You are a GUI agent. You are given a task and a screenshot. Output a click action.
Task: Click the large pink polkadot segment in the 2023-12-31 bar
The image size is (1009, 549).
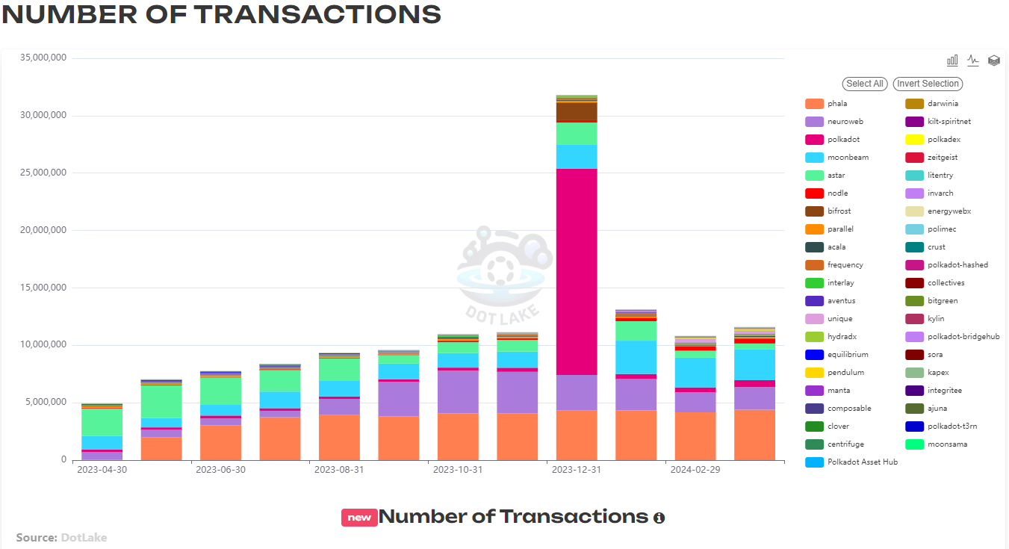point(577,273)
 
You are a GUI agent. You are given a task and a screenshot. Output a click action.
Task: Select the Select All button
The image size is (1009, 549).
point(865,84)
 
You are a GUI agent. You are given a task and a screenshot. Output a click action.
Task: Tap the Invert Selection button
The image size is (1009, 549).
point(928,84)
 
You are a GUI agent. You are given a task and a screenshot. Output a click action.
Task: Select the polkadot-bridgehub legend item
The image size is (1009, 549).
point(953,337)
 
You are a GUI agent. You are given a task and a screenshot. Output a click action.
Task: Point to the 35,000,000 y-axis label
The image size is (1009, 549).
point(42,58)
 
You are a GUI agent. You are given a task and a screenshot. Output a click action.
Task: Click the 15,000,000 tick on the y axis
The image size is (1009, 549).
point(42,288)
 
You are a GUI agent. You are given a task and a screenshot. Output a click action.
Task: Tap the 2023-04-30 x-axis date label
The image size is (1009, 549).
point(102,470)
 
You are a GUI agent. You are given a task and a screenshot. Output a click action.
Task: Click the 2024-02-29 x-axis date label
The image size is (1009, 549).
point(695,470)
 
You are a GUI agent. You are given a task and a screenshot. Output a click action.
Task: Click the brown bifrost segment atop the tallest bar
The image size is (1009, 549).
point(577,111)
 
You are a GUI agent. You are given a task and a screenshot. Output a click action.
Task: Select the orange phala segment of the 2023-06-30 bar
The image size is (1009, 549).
point(220,442)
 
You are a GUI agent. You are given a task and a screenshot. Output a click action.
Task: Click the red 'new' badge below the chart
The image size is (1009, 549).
point(359,518)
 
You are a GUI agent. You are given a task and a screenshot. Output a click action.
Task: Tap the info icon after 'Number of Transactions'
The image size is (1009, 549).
point(659,518)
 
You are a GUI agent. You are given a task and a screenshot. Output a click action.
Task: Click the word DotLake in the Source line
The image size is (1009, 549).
point(84,537)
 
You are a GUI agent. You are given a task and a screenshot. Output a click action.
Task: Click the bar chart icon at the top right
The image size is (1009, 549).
point(952,61)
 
